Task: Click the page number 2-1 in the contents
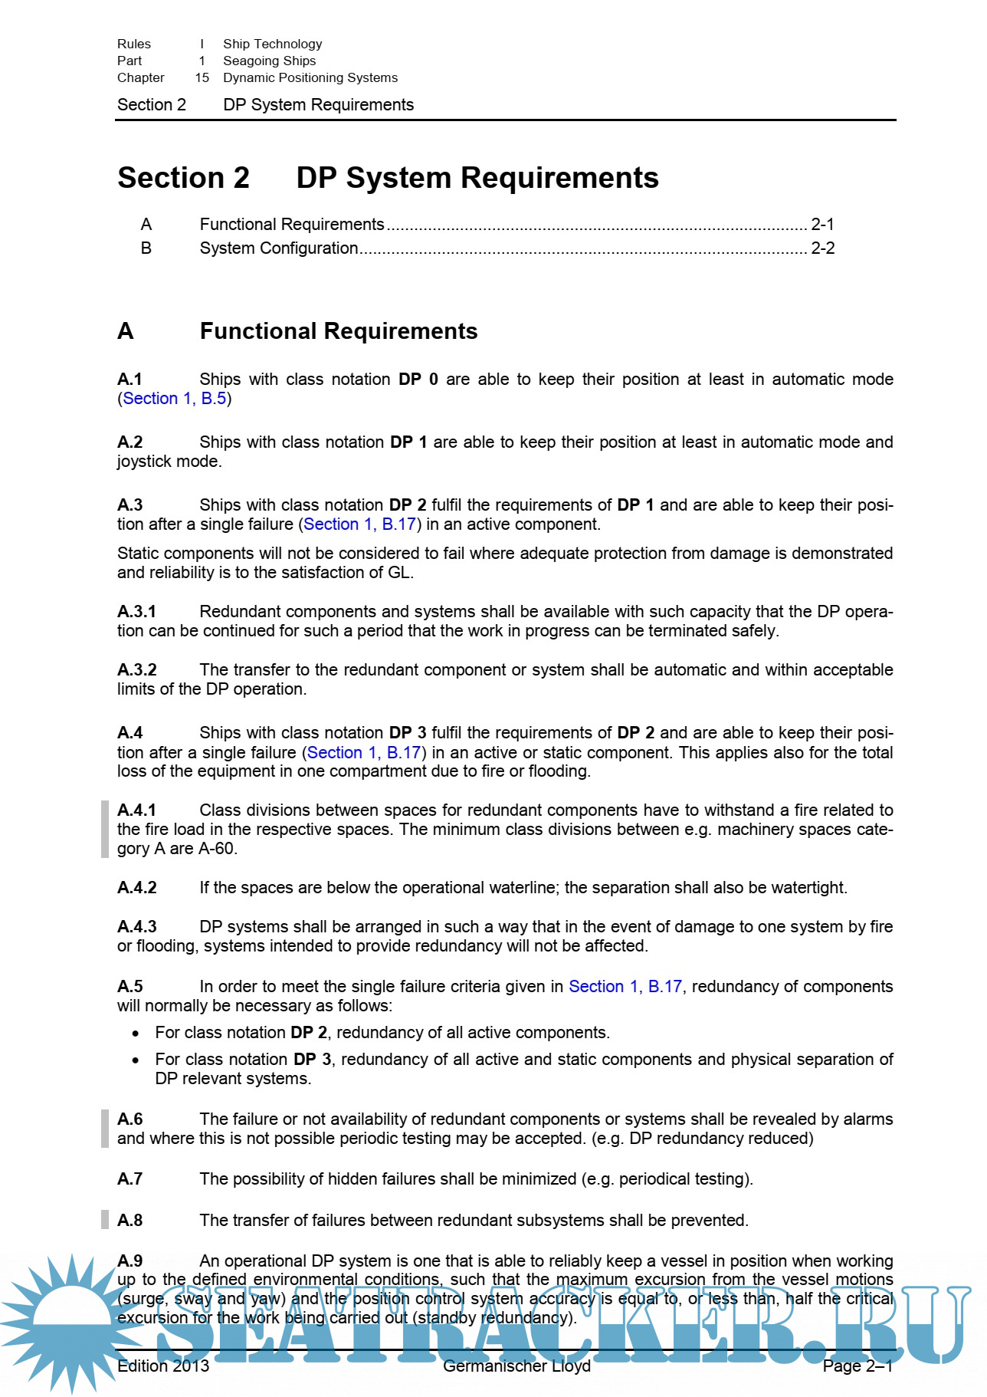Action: [x=822, y=225]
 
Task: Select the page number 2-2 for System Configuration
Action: [x=822, y=248]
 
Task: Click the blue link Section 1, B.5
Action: [x=175, y=399]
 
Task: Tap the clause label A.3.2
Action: [x=137, y=670]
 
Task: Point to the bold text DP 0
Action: [x=418, y=380]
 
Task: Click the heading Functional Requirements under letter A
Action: [x=338, y=331]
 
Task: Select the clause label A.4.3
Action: [x=137, y=927]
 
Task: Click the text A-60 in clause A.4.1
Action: [x=216, y=849]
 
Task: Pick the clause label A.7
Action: [x=130, y=1179]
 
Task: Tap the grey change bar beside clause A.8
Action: [x=105, y=1220]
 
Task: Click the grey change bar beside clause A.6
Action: [x=105, y=1129]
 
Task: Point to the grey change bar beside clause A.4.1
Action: [x=105, y=829]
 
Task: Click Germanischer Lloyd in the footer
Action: [x=516, y=1366]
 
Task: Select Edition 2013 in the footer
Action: [x=163, y=1366]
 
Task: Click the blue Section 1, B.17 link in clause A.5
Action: [x=625, y=987]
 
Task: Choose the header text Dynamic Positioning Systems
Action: [x=310, y=78]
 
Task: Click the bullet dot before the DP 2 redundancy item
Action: [x=136, y=1034]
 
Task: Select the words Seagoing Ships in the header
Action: [x=269, y=61]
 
